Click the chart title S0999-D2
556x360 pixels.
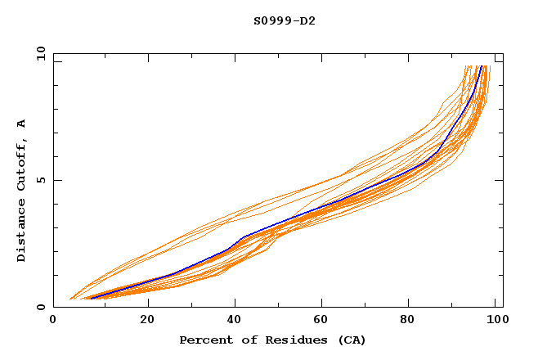coord(284,20)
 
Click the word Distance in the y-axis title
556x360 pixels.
coord(21,232)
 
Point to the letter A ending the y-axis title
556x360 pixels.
coord(21,124)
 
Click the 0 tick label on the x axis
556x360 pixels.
coord(53,320)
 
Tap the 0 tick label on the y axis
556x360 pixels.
coord(41,307)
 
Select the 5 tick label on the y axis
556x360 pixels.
coord(41,180)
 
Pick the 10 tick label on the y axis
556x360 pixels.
coord(38,53)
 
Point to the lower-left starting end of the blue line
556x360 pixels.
coord(89,299)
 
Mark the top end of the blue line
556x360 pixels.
coord(482,66)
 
